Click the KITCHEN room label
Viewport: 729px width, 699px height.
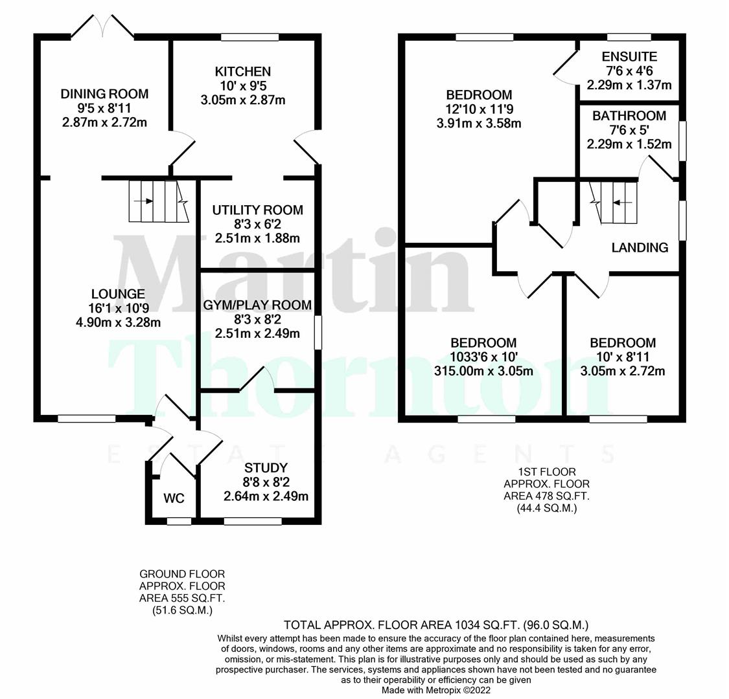tap(243, 71)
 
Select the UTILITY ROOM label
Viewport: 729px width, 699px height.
tap(257, 210)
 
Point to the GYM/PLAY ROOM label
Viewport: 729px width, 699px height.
tap(257, 305)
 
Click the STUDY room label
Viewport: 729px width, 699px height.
tap(266, 467)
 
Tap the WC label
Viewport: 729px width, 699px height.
tap(174, 498)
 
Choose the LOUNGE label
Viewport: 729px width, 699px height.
tap(118, 294)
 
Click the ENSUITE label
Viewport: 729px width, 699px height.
tap(629, 56)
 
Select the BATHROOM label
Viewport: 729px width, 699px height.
tap(629, 116)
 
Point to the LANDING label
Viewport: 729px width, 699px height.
tap(640, 247)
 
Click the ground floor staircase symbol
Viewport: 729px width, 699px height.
tap(158, 201)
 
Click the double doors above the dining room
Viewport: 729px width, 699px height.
tap(102, 26)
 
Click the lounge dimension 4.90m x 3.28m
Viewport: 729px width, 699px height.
tap(117, 322)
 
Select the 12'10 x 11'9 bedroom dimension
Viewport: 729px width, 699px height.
tap(479, 109)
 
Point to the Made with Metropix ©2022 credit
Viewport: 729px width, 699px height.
tap(436, 691)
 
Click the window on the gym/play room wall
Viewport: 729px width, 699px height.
tap(318, 332)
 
